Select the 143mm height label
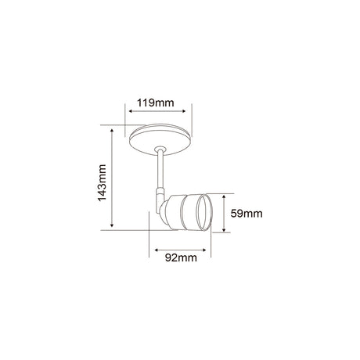[x=102, y=181]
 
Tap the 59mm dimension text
[x=248, y=212]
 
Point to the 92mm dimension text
[x=180, y=256]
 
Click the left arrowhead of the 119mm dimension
[x=127, y=111]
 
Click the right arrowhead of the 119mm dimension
[x=189, y=111]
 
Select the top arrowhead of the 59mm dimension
[x=225, y=195]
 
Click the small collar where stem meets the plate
[x=160, y=149]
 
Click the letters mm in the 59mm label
[x=256, y=212]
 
